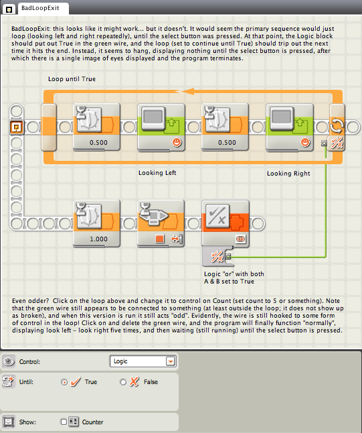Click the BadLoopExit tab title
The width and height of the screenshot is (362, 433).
click(x=40, y=8)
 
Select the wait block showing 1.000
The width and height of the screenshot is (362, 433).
click(x=96, y=223)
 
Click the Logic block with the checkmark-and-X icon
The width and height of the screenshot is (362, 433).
click(x=225, y=223)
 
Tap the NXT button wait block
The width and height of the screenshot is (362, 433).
click(x=161, y=223)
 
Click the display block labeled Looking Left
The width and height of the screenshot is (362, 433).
click(x=161, y=127)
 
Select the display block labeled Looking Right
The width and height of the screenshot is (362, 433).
click(x=290, y=127)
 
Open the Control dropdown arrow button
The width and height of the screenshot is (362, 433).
click(x=171, y=361)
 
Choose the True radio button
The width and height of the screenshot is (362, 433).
click(x=64, y=382)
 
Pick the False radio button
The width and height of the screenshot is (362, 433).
click(x=123, y=382)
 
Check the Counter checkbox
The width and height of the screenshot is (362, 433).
click(x=64, y=422)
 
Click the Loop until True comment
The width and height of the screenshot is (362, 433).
click(x=72, y=79)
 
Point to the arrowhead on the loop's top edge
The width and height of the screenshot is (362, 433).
click(x=187, y=91)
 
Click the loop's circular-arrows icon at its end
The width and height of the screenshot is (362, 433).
click(x=337, y=125)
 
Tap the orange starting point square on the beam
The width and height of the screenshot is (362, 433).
click(x=17, y=127)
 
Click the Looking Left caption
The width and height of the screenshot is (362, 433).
click(x=157, y=173)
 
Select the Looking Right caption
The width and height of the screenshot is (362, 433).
click(x=288, y=174)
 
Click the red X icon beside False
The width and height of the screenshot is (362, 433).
click(x=134, y=381)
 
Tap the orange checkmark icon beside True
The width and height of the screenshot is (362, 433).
click(x=75, y=381)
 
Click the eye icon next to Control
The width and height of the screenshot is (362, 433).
click(x=9, y=361)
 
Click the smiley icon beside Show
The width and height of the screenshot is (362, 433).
click(x=9, y=422)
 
